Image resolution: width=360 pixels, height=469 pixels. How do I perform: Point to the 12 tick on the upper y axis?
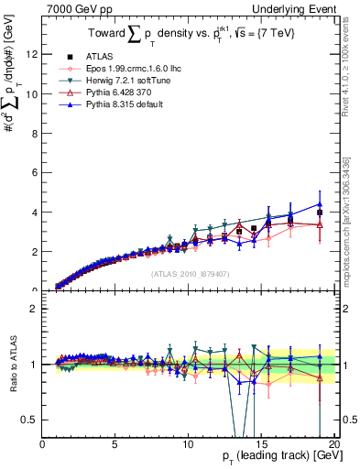click(x=34, y=54)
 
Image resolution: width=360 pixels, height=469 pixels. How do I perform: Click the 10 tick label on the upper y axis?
click(x=34, y=93)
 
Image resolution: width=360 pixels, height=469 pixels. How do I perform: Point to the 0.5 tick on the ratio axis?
click(x=33, y=420)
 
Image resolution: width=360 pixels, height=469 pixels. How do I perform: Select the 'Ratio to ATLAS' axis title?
click(x=12, y=365)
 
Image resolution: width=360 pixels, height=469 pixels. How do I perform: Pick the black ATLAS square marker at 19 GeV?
click(x=320, y=213)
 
